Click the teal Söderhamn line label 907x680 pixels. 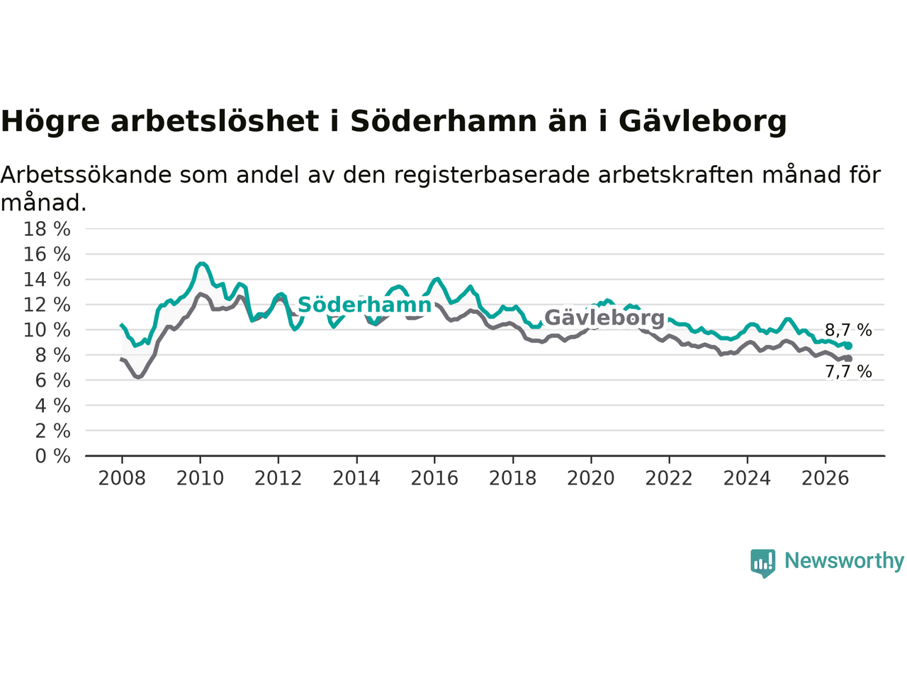(x=364, y=305)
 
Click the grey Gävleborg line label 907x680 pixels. (x=604, y=317)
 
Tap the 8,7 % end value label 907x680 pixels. (x=848, y=330)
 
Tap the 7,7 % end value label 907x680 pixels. (x=848, y=372)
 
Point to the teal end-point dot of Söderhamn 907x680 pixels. (x=848, y=346)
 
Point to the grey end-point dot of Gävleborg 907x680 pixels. (x=848, y=358)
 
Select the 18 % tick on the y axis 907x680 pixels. (x=47, y=229)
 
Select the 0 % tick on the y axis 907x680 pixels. (x=53, y=456)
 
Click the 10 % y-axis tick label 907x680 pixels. (x=47, y=330)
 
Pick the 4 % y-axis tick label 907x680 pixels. (x=53, y=406)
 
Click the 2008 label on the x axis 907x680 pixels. (x=122, y=479)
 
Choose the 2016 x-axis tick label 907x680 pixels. (x=434, y=479)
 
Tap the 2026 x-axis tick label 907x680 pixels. (x=826, y=479)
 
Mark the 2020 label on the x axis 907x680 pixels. (x=591, y=479)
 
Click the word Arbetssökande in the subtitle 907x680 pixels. (x=86, y=175)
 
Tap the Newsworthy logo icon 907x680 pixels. (x=762, y=563)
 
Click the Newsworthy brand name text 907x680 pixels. (x=844, y=561)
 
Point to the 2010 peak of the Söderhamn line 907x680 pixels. (x=201, y=263)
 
